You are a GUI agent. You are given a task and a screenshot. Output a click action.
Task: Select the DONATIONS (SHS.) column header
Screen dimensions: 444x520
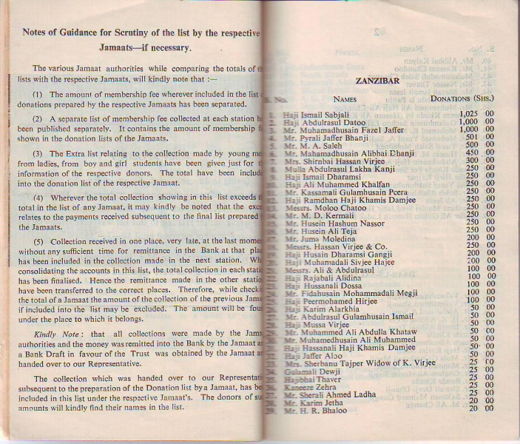pyautogui.click(x=462, y=98)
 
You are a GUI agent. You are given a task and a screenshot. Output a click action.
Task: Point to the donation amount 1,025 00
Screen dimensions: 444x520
pyautogui.click(x=476, y=114)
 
